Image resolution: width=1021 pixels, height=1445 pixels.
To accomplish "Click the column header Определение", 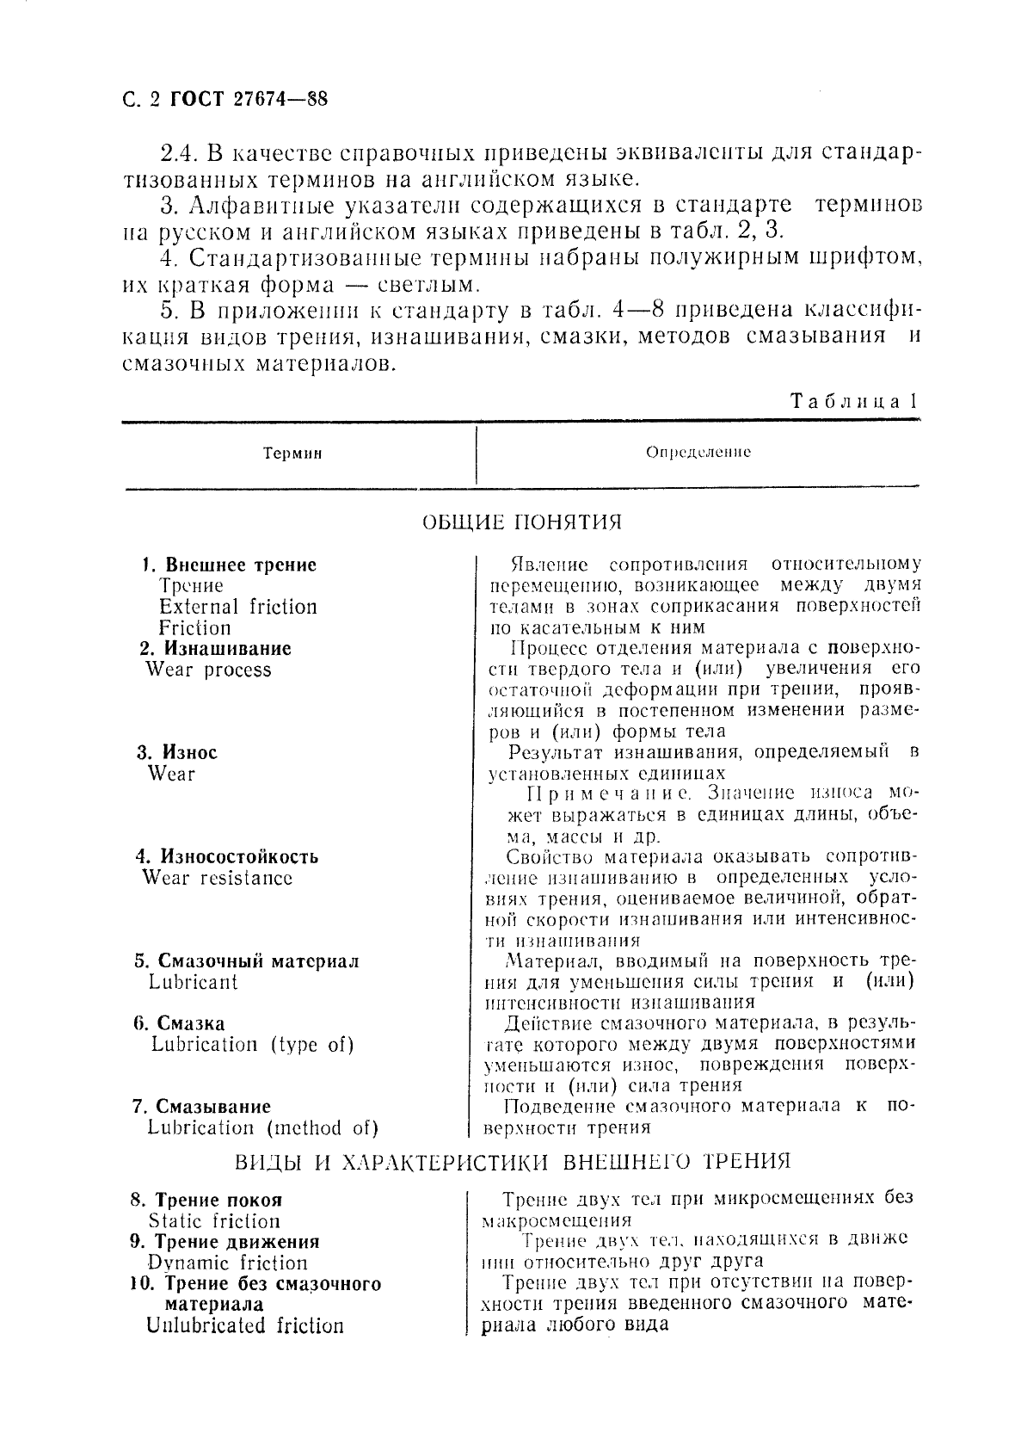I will (x=698, y=452).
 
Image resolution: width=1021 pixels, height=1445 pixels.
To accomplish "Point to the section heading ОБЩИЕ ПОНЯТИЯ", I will (x=521, y=522).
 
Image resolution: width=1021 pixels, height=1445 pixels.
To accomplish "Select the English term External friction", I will (x=237, y=607).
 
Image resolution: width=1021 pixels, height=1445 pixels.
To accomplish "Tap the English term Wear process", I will (x=208, y=670).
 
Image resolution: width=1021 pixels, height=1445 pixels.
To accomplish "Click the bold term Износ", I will (x=189, y=752).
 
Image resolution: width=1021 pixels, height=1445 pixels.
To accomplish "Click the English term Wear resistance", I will (x=217, y=878).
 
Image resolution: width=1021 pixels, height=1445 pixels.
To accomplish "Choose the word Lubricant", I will (x=193, y=982).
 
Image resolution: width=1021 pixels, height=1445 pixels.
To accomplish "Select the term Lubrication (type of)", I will (x=252, y=1045).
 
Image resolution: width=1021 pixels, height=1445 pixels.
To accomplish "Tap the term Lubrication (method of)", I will (x=262, y=1128).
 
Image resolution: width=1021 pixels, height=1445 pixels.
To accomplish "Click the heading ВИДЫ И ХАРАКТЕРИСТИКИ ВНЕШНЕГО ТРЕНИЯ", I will (x=513, y=1162).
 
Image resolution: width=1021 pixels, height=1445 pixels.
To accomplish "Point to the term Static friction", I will (x=214, y=1221).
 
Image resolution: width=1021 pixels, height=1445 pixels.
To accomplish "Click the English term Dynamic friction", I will (x=228, y=1263).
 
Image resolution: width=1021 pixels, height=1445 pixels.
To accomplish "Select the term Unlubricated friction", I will (x=245, y=1326).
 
